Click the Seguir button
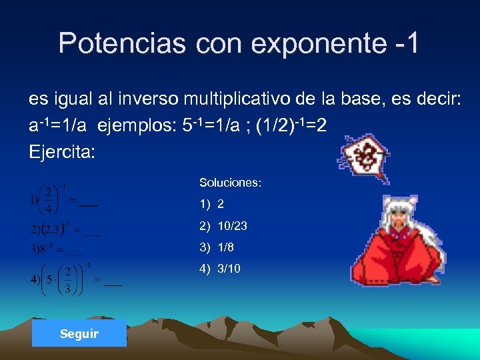pos(79,333)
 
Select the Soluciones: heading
pos(230,182)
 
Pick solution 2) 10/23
pos(223,226)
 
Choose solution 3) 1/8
pos(216,247)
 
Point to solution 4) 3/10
pos(219,269)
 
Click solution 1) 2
pos(211,204)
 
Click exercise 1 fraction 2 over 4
pos(49,199)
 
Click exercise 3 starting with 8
pos(47,249)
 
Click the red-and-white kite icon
pos(364,159)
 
